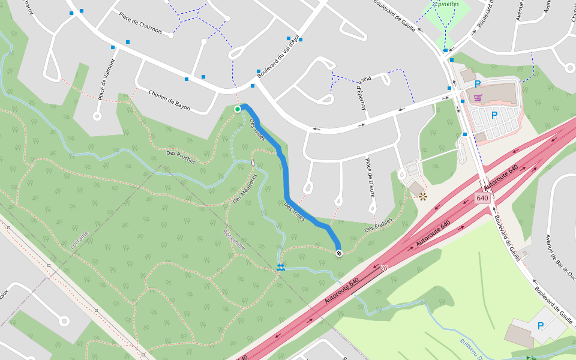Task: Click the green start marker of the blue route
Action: click(238, 109)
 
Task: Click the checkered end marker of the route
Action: click(339, 253)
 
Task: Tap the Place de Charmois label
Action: click(140, 23)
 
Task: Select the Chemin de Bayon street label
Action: click(169, 100)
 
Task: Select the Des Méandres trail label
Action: click(245, 188)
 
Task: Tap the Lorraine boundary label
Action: click(79, 239)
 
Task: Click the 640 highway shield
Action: click(482, 198)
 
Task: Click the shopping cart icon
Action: click(478, 98)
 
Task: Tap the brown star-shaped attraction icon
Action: click(422, 196)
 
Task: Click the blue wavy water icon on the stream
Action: click(281, 268)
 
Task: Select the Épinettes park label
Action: click(446, 4)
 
